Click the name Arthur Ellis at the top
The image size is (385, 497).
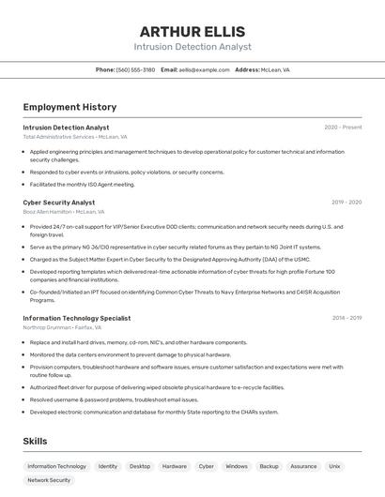[192, 32]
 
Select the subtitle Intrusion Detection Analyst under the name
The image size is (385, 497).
[192, 47]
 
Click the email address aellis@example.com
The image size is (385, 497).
[204, 70]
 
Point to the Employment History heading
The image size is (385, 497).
[69, 107]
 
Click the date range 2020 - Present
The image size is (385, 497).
[343, 128]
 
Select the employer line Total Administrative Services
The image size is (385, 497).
[75, 137]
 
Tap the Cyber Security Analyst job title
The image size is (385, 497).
[59, 202]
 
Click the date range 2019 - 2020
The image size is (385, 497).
[346, 202]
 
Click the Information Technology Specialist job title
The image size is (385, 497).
[77, 318]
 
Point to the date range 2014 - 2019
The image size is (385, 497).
[346, 318]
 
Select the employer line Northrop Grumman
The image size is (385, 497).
[62, 327]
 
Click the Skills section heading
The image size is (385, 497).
[36, 441]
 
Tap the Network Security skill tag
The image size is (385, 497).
[49, 480]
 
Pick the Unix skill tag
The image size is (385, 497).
[334, 466]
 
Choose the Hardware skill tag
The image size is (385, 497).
[174, 466]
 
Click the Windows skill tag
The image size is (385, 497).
[237, 466]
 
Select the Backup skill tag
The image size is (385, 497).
[269, 466]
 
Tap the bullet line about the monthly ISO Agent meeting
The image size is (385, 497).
[83, 184]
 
